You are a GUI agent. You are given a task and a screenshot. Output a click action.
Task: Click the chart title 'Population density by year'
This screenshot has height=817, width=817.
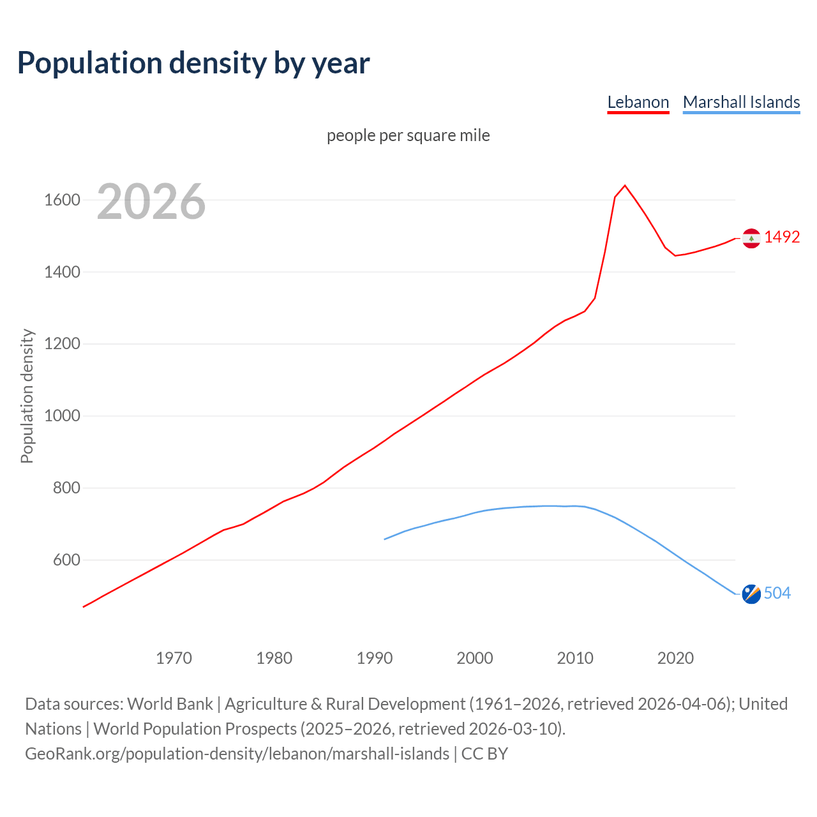coord(193,63)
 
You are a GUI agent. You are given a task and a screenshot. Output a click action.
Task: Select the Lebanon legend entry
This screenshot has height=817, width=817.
coord(638,102)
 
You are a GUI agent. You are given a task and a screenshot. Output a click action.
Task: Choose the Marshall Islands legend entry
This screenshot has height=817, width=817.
coord(741,102)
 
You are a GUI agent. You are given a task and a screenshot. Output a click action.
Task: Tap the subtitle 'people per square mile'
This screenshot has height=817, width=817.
coord(408,135)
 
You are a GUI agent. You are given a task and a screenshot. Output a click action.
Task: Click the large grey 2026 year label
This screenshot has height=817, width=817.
coord(151,202)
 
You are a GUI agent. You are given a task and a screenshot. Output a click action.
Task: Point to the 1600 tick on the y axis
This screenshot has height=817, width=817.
coord(62,200)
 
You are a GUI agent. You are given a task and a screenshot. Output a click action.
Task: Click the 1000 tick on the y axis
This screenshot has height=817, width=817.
coord(62,416)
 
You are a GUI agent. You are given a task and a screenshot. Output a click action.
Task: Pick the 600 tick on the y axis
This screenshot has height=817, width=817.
coord(66,560)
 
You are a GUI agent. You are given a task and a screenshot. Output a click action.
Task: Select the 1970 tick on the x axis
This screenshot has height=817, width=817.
coord(174,658)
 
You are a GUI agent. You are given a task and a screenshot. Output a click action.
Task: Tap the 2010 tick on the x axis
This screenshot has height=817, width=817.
coord(575,658)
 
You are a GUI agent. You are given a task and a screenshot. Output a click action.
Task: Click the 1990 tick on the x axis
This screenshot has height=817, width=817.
coord(375,658)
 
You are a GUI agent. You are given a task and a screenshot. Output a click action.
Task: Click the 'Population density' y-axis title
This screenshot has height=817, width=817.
coord(27,396)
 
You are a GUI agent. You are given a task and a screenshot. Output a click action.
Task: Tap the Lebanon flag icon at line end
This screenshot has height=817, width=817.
coord(751,238)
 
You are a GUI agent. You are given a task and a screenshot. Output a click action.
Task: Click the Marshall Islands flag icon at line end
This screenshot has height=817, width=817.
coord(751,594)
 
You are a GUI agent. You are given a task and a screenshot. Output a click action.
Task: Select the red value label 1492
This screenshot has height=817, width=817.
coord(782,237)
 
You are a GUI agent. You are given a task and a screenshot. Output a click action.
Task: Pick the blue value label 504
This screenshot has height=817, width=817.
coord(777,593)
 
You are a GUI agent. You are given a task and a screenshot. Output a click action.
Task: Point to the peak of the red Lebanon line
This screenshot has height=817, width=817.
coord(625,186)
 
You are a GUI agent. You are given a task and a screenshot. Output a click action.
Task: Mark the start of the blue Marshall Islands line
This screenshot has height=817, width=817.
coord(385,539)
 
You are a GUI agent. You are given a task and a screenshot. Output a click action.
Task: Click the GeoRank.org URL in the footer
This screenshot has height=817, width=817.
coord(237,754)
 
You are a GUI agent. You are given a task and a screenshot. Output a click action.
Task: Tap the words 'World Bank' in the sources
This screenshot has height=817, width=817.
coord(170,704)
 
